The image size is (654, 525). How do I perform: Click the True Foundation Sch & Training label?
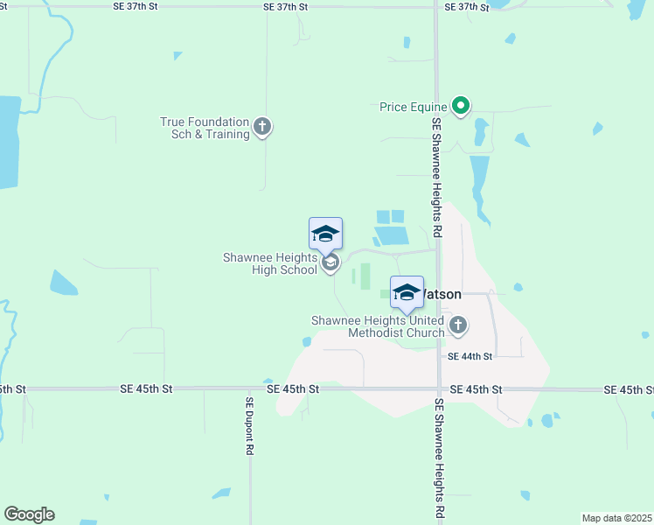[x=205, y=129]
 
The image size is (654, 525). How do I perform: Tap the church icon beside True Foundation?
[x=262, y=128]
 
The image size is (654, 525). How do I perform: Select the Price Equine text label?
[x=413, y=107]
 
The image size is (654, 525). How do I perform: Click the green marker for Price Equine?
[x=461, y=107]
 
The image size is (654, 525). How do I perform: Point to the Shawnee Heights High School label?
[x=269, y=263]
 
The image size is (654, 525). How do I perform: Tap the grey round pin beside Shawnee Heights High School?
[x=330, y=262]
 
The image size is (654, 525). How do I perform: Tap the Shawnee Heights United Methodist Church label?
[x=378, y=326]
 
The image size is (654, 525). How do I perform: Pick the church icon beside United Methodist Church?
[x=457, y=326]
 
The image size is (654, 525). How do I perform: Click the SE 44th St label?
[x=470, y=356]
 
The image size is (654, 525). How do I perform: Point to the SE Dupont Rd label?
[x=249, y=425]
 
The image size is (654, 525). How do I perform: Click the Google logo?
[x=29, y=514]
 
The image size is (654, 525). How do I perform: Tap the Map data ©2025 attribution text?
[x=616, y=518]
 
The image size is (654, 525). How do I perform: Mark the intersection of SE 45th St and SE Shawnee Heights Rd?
[x=438, y=388]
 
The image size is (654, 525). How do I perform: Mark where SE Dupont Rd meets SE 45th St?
[x=250, y=388]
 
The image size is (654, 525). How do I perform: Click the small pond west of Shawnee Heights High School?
[x=63, y=283]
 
